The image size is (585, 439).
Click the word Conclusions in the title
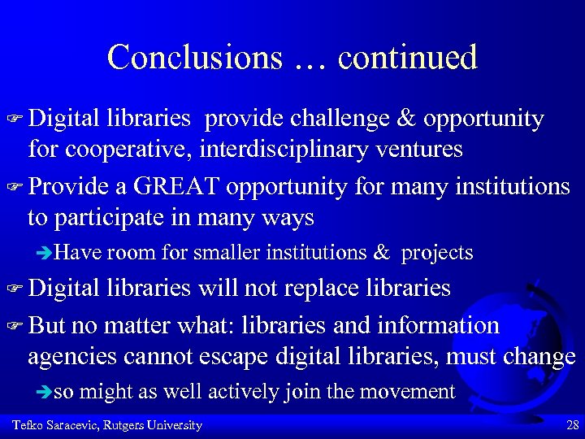tap(194, 57)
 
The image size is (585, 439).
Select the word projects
tap(437, 253)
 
